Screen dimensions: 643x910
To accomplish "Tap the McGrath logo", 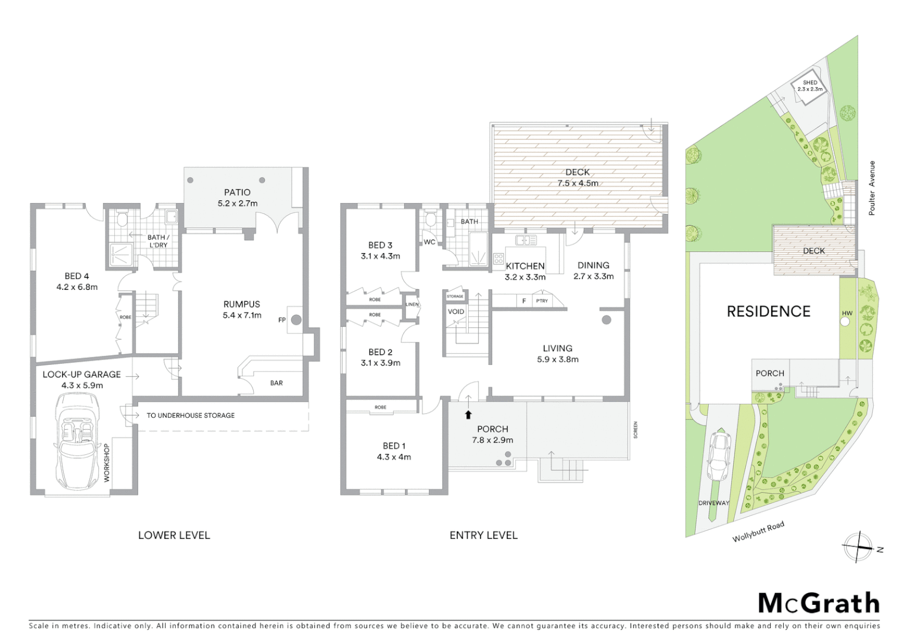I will click(x=818, y=603).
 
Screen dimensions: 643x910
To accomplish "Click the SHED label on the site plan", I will click(x=810, y=83).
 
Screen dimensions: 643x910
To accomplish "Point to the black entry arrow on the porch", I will click(x=469, y=415).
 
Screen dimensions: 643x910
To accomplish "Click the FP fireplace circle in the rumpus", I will click(x=296, y=320).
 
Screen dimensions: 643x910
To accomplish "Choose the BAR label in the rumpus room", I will click(x=276, y=383).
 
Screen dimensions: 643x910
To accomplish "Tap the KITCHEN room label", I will click(x=525, y=266).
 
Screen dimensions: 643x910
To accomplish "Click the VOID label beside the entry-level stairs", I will click(x=456, y=311).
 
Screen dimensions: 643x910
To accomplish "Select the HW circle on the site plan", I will click(x=844, y=321).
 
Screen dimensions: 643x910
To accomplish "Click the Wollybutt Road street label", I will click(x=758, y=531).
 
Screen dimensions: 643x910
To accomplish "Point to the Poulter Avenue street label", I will click(x=872, y=188).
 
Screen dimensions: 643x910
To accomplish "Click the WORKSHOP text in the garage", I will click(x=107, y=462).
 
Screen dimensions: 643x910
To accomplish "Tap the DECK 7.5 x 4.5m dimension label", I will click(x=578, y=183).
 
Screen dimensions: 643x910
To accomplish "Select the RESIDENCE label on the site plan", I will click(x=768, y=311).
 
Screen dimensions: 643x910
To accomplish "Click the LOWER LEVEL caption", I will click(x=174, y=535).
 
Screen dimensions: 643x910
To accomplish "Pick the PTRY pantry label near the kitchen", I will click(x=542, y=301).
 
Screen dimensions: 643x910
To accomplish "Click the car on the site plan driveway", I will click(x=719, y=455).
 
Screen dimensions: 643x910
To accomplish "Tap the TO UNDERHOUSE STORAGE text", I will click(x=191, y=415).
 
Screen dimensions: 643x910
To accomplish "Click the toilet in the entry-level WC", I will click(x=430, y=220).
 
